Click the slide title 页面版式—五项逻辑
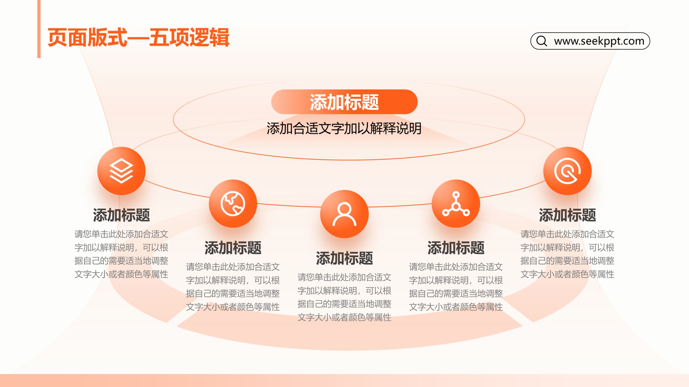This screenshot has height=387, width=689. click(138, 37)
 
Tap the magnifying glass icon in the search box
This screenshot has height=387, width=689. click(542, 41)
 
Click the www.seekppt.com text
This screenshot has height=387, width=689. click(599, 41)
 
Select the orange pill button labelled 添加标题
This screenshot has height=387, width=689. click(344, 102)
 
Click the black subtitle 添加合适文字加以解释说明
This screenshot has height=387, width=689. click(344, 129)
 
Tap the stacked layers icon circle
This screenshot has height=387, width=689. click(121, 171)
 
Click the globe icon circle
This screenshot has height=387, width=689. click(233, 204)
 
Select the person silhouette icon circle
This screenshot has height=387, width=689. click(344, 214)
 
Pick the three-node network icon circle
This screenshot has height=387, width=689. click(456, 204)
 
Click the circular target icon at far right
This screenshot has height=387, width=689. click(567, 171)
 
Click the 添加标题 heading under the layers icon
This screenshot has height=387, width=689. click(121, 215)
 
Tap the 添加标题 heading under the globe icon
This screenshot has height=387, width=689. click(233, 248)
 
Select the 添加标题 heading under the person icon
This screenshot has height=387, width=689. click(344, 258)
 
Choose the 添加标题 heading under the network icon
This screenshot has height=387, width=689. click(456, 248)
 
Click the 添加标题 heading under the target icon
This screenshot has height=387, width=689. click(567, 215)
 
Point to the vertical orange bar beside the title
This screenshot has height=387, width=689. click(39, 29)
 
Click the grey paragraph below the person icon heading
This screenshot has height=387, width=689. click(344, 297)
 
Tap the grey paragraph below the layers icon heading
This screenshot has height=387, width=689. click(121, 254)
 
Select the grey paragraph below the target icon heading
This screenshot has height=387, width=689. click(567, 254)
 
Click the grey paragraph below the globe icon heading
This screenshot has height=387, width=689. click(233, 287)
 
